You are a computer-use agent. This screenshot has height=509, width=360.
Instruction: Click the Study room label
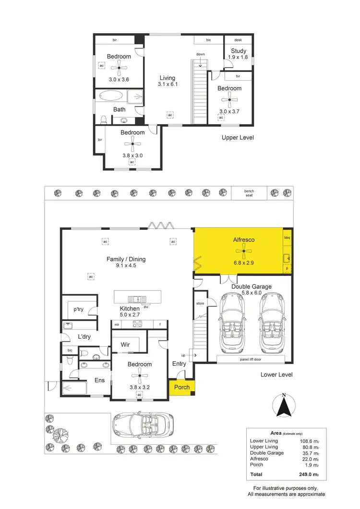[238, 51]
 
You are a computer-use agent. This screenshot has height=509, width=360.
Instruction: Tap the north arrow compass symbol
[284, 406]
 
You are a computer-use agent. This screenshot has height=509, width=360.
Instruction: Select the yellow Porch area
[182, 387]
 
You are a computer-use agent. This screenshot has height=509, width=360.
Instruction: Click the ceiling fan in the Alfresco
[244, 251]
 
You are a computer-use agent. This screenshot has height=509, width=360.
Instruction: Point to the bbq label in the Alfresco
[288, 237]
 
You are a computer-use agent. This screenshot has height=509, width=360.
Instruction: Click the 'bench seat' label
[249, 193]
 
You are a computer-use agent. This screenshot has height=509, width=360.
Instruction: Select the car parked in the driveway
[143, 423]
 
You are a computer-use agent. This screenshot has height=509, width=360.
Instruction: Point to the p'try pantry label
[78, 309]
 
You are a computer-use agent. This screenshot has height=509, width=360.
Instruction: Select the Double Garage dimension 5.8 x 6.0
[252, 293]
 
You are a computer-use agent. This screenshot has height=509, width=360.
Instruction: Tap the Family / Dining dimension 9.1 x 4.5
[126, 266]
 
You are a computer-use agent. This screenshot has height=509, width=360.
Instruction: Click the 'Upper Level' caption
[238, 138]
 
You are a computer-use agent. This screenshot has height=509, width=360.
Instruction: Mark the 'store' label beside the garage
[200, 304]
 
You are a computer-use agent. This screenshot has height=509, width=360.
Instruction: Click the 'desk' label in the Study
[239, 40]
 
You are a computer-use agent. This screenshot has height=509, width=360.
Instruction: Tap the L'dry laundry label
[84, 337]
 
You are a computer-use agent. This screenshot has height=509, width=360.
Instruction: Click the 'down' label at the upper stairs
[200, 54]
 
